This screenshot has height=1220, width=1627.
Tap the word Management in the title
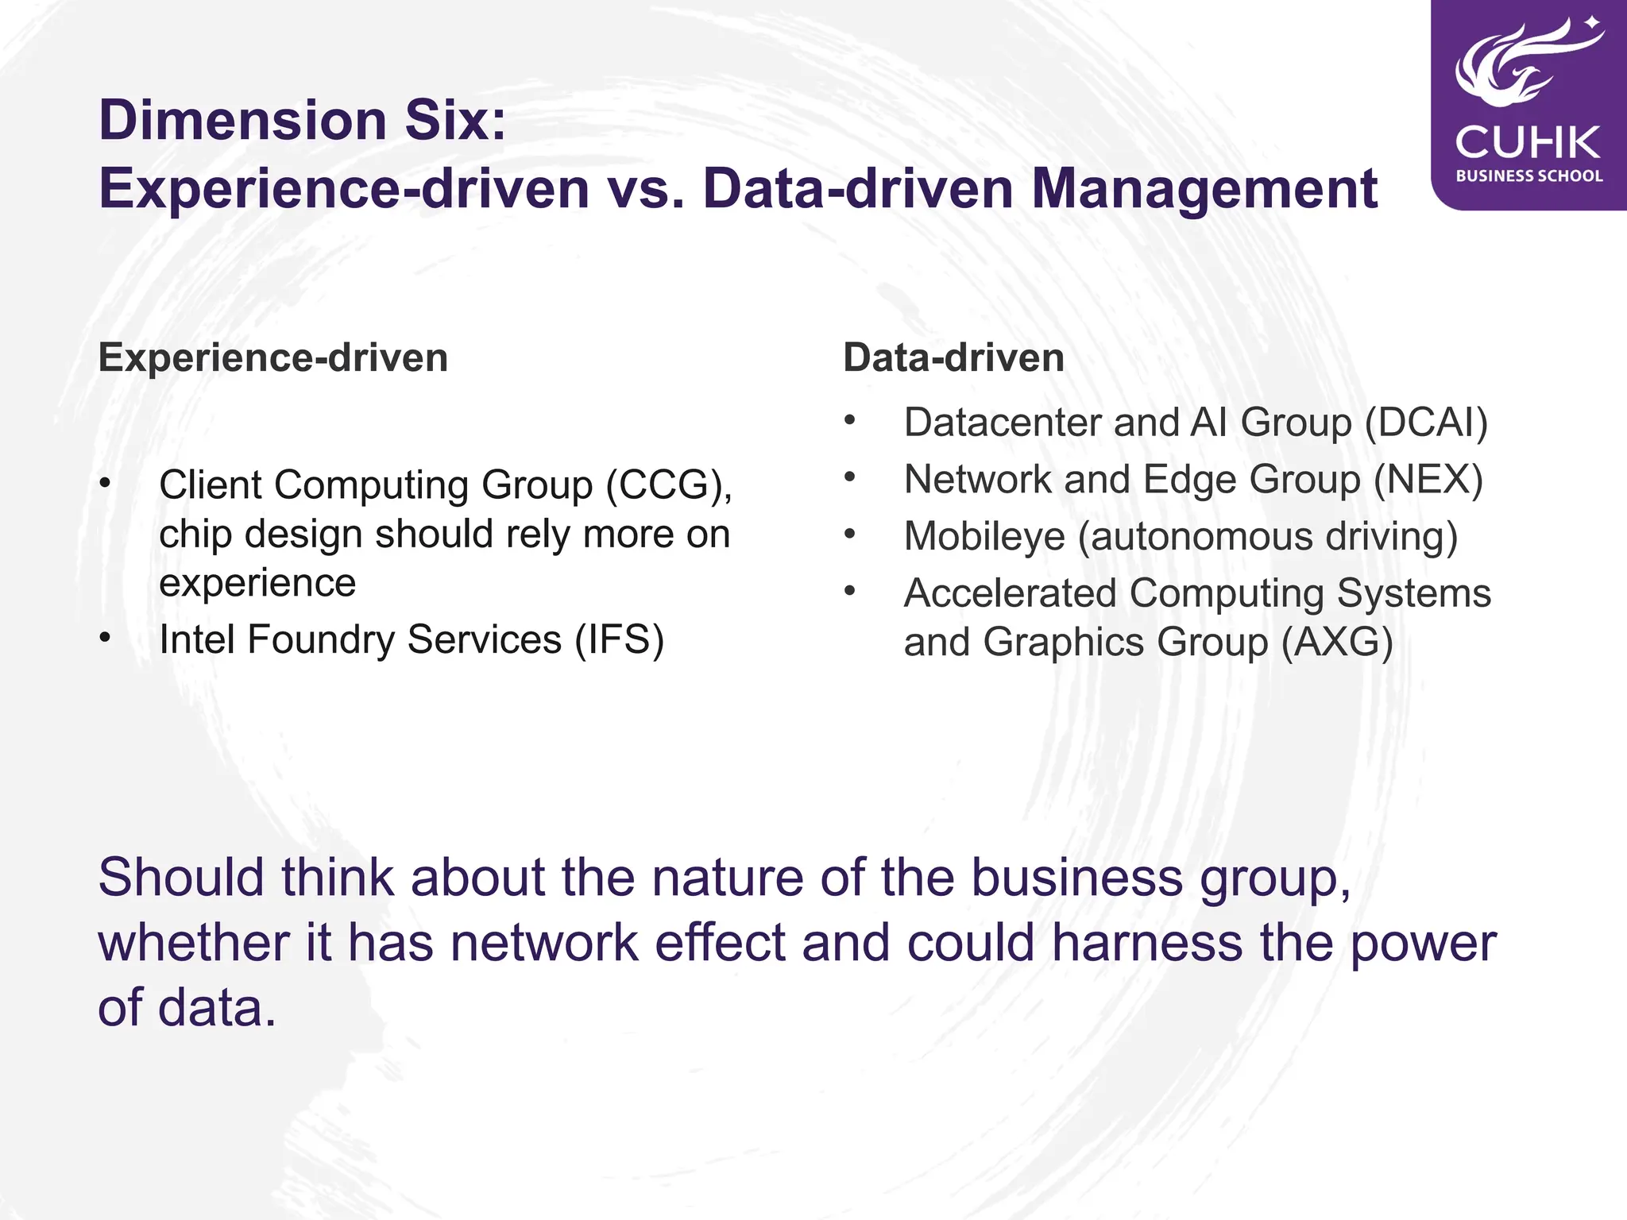1204,189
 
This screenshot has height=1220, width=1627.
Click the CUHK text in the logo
1528,143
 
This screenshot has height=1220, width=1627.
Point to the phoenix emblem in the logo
1521,64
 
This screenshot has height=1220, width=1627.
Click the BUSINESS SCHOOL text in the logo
1529,176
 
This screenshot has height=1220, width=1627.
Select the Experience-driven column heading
273,357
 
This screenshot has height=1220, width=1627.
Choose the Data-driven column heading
953,357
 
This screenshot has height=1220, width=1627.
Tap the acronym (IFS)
620,639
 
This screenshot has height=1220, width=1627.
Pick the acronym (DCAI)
1426,423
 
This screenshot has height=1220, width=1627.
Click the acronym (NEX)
1428,480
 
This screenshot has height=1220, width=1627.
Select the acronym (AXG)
1337,642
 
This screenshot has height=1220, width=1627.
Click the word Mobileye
984,537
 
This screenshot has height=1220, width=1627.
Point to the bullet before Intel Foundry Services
106,638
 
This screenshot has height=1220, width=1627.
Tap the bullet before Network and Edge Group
850,477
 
